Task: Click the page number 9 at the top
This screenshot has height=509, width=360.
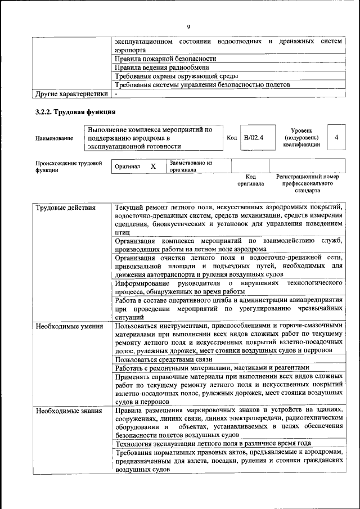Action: [188, 26]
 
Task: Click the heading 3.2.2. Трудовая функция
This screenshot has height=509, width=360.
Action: [75, 112]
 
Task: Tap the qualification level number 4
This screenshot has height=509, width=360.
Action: [336, 138]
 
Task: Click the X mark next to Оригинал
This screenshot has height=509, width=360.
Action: [153, 167]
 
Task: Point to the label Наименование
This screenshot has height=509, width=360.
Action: [54, 138]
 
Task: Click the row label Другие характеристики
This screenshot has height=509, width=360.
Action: [71, 93]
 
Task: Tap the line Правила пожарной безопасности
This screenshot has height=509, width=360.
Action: [165, 58]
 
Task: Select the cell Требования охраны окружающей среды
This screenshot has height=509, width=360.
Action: [176, 76]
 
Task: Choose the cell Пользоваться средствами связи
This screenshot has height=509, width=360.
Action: [163, 359]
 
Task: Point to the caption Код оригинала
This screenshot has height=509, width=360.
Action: [250, 180]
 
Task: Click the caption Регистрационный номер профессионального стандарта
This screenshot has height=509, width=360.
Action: [308, 183]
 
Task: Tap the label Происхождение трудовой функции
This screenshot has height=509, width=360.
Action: [69, 167]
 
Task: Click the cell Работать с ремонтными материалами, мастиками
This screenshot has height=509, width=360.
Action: [206, 368]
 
